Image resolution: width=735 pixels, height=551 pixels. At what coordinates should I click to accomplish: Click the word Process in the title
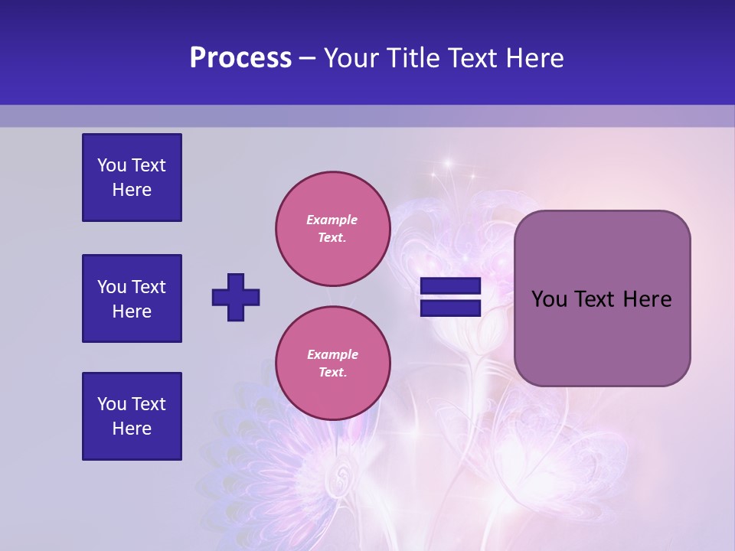240,58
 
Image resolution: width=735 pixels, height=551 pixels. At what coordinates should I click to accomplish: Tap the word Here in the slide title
533,58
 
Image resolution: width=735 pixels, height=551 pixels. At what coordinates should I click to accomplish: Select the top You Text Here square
132,178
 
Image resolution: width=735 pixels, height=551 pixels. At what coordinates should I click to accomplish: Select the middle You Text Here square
132,298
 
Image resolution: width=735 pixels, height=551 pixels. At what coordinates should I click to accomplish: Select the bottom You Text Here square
132,416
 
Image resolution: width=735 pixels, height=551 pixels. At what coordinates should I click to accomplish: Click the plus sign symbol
236,297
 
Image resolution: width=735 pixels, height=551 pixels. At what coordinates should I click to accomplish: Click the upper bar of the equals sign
450,285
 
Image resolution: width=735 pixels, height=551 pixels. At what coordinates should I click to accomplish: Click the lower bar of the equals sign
450,308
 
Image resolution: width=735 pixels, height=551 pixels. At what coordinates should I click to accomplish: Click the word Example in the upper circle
332,220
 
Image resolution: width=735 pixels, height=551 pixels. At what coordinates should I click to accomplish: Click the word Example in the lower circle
332,354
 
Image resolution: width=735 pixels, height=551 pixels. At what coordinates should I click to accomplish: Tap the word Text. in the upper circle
332,237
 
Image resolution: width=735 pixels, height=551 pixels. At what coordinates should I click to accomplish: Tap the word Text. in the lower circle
332,372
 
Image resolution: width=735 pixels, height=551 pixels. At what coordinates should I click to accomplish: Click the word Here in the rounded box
647,299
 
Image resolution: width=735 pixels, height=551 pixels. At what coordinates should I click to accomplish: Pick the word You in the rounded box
548,299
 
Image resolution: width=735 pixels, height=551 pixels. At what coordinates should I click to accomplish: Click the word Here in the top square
132,190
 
